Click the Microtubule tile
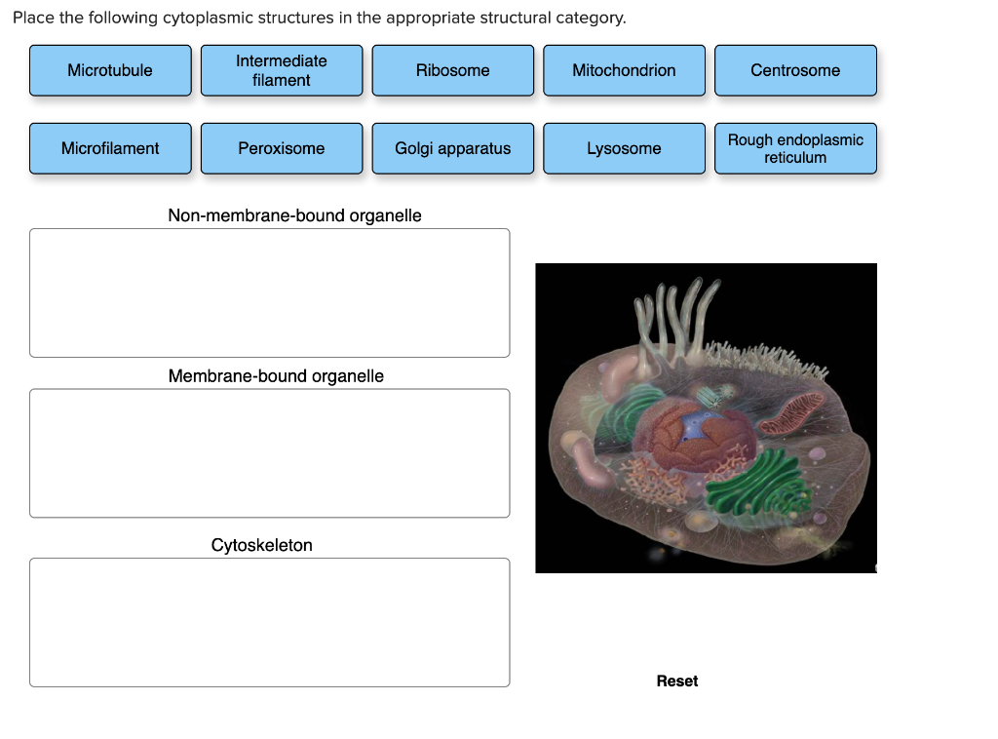(110, 70)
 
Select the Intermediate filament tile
(282, 70)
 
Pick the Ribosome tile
(452, 70)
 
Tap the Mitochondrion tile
(624, 70)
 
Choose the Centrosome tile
(795, 70)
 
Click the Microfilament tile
(110, 148)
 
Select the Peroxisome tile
(282, 148)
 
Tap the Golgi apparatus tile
(452, 148)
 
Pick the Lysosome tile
(624, 148)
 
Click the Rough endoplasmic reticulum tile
(795, 148)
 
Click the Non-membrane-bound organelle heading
(294, 215)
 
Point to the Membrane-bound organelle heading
(276, 376)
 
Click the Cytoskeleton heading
(262, 545)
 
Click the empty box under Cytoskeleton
(269, 622)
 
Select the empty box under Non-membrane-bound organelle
(269, 292)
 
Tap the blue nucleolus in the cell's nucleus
(695, 426)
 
